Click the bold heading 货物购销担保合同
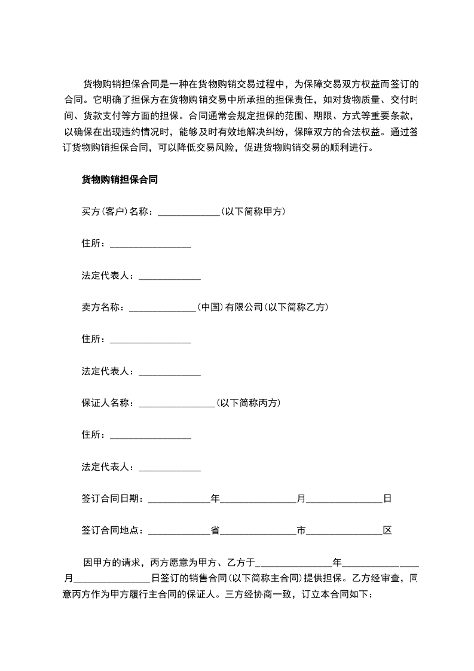[119, 179]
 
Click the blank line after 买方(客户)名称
[189, 212]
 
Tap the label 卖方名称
[102, 307]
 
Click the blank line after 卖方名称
[163, 308]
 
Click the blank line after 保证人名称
[176, 404]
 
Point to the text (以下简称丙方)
[248, 402]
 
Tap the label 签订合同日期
[111, 498]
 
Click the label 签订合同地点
[111, 530]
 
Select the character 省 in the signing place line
[215, 530]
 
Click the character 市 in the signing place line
[301, 530]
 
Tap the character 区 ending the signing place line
[387, 530]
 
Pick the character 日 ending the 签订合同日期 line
[387, 498]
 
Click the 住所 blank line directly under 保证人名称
[151, 435]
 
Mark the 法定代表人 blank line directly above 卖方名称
[170, 276]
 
